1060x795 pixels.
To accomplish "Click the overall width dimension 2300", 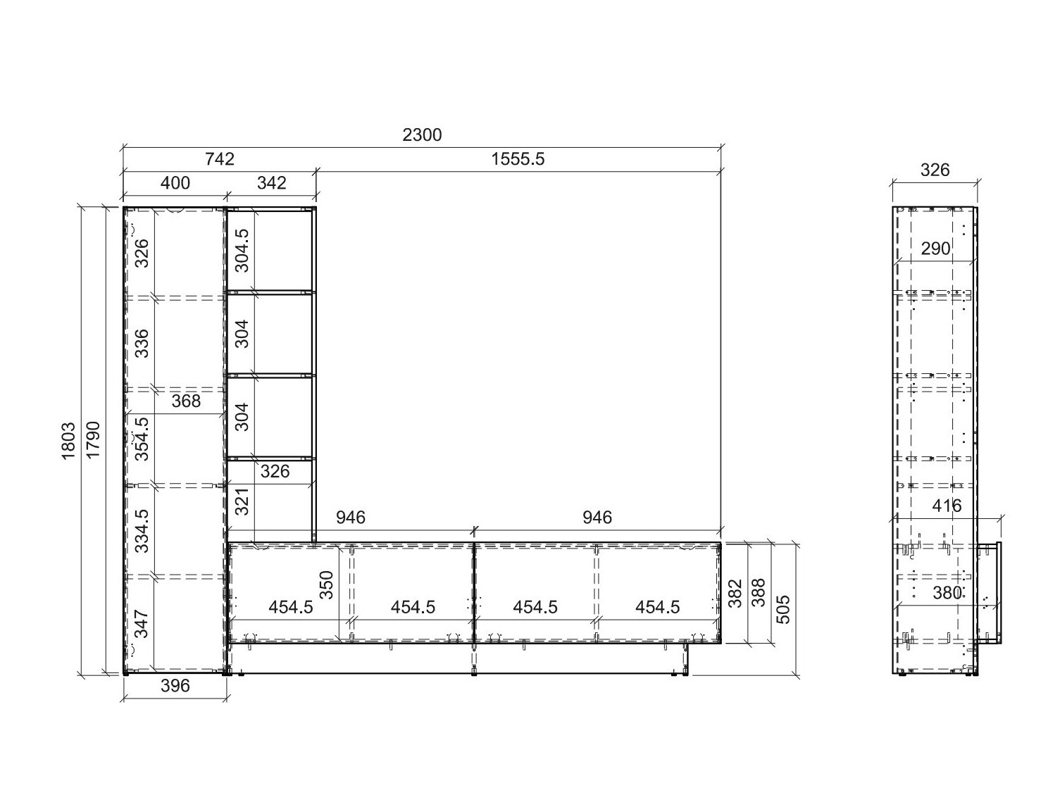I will [422, 134].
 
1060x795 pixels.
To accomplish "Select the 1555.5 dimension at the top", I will [518, 159].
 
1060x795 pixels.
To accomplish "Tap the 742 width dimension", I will [220, 159].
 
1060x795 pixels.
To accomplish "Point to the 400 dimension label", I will [175, 183].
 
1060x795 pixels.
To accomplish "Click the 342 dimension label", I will [272, 183].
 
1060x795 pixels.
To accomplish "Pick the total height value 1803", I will [68, 441].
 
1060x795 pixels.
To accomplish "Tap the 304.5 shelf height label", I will [242, 250].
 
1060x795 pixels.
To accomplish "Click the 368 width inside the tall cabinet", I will [186, 401].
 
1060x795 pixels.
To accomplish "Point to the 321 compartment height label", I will [242, 501].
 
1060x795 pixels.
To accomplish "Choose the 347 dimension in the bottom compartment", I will [142, 624].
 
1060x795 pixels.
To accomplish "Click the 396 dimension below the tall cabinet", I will [175, 686].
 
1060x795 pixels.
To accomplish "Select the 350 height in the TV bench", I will [326, 584].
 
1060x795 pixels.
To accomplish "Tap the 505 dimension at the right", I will [783, 609].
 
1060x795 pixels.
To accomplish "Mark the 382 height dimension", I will [735, 594].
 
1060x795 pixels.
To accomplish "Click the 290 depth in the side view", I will [935, 249].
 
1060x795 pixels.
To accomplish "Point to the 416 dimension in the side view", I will [946, 506].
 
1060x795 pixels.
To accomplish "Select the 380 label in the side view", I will [947, 593].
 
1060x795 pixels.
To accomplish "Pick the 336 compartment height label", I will [142, 343].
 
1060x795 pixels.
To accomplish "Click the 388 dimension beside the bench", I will [759, 594].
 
